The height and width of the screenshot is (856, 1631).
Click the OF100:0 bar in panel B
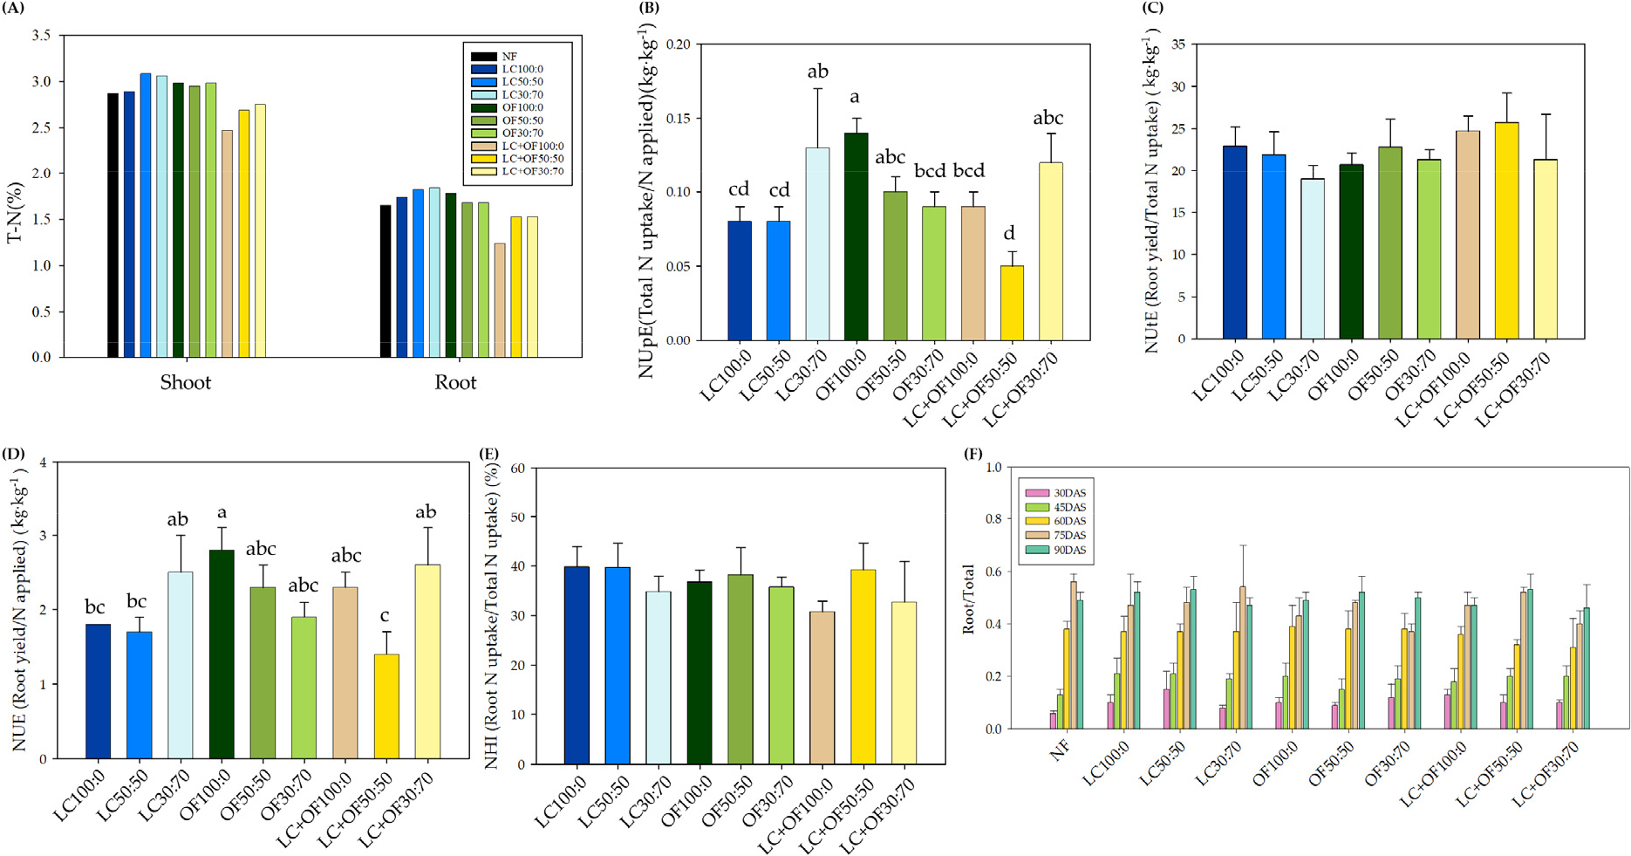(x=856, y=236)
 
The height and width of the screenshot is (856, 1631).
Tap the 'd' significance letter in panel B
(x=1010, y=233)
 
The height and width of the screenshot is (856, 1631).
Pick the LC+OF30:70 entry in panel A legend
(x=532, y=172)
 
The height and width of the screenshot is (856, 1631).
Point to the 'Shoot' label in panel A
(x=185, y=383)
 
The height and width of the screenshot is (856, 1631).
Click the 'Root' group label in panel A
(x=455, y=383)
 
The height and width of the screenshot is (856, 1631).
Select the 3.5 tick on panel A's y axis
(x=41, y=36)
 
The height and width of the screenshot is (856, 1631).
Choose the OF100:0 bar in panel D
(x=222, y=654)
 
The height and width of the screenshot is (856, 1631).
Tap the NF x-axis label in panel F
(x=1060, y=750)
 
